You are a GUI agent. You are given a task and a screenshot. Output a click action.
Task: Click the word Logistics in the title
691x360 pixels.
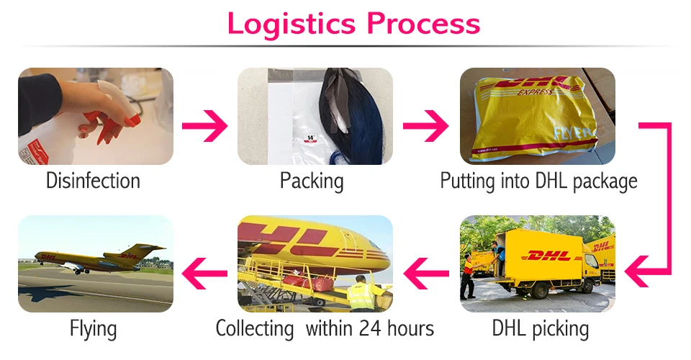coord(292,23)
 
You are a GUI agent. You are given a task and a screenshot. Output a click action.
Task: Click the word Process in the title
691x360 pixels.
coord(423,23)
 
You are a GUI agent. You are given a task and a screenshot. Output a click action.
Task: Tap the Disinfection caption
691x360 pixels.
coord(93,180)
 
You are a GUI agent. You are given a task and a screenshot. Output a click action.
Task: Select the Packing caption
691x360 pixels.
coord(312,180)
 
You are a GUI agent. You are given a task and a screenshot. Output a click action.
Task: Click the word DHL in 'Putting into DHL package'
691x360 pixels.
coord(553,180)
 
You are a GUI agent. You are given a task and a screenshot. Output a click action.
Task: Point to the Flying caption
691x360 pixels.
coord(94,329)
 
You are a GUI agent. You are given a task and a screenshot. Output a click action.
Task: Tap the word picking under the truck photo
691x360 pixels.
coord(561,329)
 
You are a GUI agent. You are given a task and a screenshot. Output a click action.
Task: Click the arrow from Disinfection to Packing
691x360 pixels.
coord(204,127)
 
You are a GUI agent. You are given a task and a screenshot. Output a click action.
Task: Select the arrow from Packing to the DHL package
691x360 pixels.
coord(425,127)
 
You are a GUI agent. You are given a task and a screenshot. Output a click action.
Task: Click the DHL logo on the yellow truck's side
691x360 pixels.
coord(548,256)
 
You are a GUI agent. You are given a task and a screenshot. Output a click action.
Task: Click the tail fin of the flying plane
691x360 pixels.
coord(153,249)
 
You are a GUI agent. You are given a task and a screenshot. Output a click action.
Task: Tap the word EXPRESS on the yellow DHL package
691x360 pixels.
coord(536,93)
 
